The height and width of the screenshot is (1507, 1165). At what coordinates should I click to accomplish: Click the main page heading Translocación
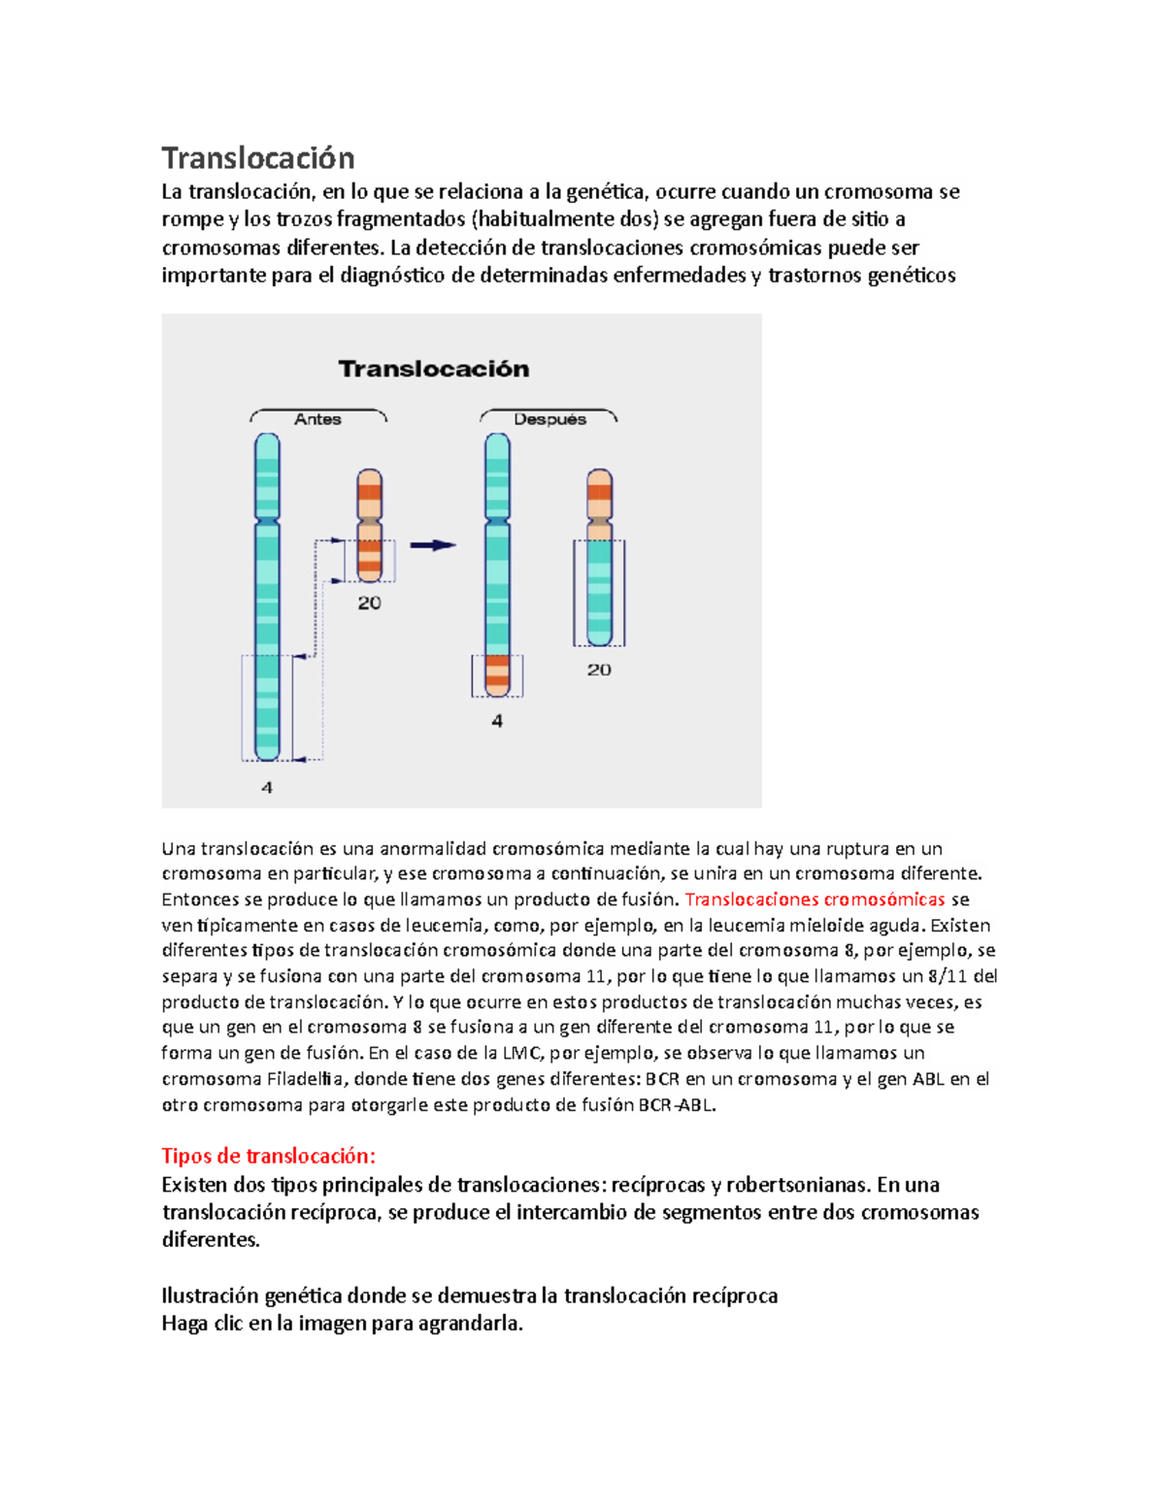tap(257, 158)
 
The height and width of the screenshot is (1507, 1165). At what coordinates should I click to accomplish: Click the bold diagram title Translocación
tap(434, 369)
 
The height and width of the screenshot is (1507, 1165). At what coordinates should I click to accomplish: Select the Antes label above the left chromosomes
tap(317, 419)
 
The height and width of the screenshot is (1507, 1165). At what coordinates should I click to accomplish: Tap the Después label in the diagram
tap(549, 419)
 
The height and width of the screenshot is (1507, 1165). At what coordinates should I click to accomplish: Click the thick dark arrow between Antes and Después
tap(432, 545)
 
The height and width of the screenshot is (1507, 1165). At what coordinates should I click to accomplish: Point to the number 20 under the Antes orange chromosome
tap(369, 603)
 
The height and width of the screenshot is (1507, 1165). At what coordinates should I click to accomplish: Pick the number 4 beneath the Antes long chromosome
tap(267, 787)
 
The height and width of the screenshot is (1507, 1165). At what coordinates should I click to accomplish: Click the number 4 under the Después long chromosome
tap(497, 721)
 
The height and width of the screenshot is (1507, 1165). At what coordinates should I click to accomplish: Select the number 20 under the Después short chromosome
tap(599, 670)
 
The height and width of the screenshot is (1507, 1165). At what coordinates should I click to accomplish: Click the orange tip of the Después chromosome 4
tap(497, 675)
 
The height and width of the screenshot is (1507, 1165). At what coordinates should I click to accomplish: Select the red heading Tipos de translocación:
tap(268, 1156)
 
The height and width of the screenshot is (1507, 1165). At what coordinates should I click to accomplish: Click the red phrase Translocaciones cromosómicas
tap(815, 900)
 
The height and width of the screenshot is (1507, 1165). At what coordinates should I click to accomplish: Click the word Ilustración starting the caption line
tap(210, 1296)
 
